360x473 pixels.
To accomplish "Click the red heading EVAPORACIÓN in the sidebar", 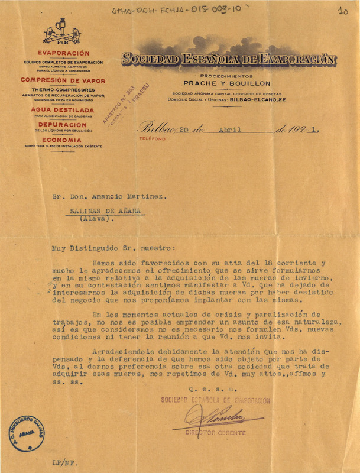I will [63, 54].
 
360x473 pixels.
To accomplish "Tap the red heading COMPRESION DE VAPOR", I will [63, 80].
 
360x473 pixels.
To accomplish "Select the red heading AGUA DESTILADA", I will [63, 110].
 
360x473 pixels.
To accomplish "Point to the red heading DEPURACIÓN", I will [63, 125].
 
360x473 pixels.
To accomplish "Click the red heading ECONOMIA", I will [63, 140].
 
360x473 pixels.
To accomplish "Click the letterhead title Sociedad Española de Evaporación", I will [229, 60].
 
